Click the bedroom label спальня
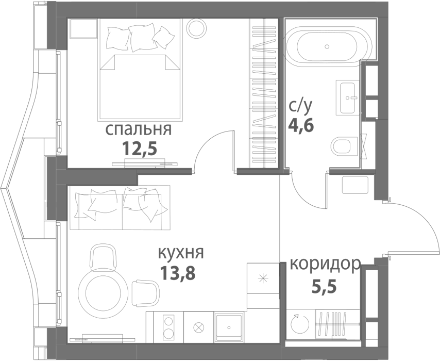tap(138, 129)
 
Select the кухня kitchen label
tap(181, 253)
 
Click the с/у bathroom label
tap(300, 107)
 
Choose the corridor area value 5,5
tap(324, 285)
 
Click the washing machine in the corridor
tap(298, 324)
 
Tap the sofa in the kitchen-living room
tap(122, 209)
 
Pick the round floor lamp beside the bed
tap(196, 27)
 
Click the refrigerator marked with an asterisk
tap(263, 278)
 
